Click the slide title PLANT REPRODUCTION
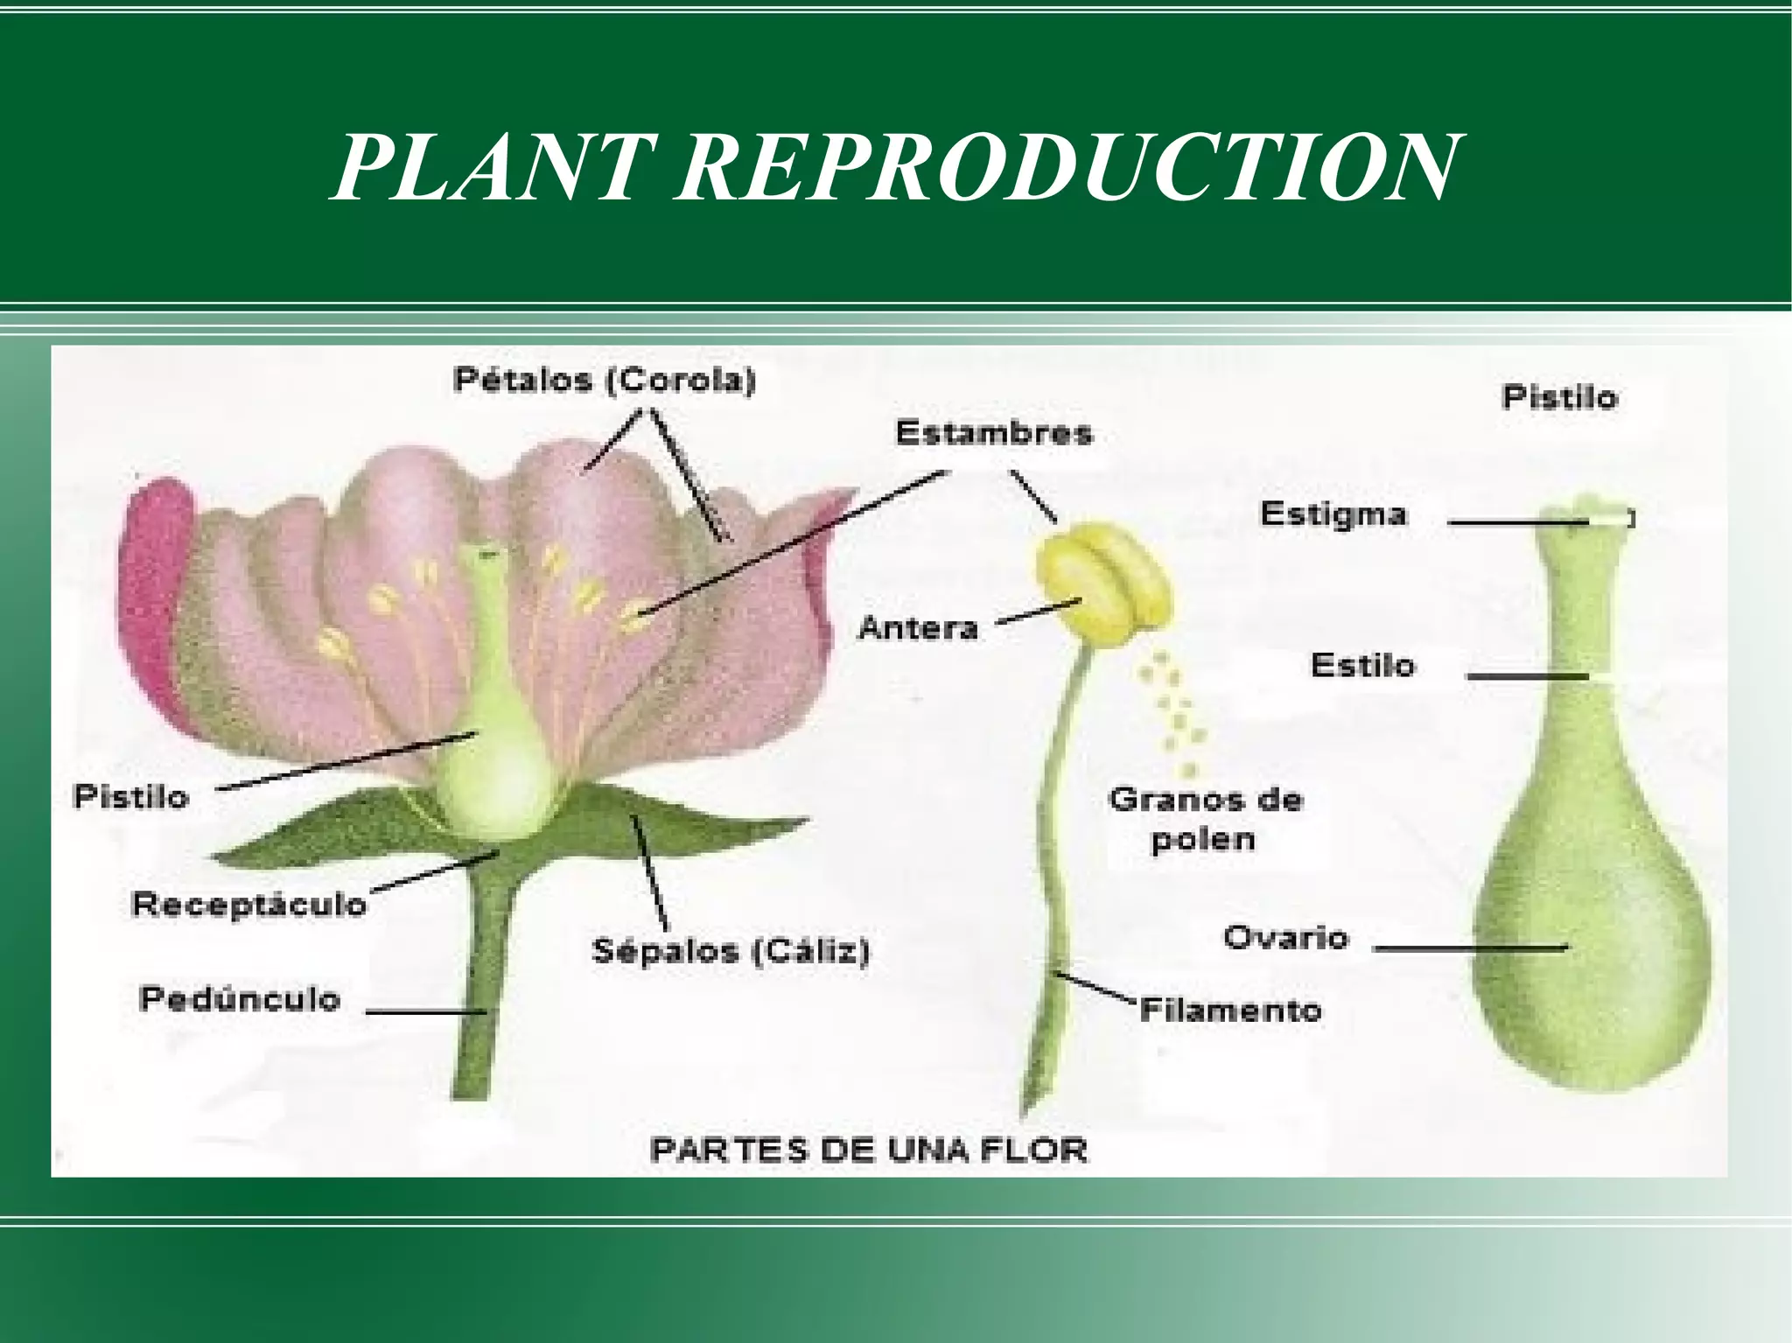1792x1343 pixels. (894, 168)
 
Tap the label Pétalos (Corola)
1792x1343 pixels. (605, 381)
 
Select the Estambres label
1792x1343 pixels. (994, 433)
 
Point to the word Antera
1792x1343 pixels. (918, 627)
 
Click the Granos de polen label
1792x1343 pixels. (1205, 819)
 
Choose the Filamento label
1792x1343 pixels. (1230, 1011)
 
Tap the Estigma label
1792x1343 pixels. (1333, 514)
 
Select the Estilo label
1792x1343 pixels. (1362, 666)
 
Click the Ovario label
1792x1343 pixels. (1285, 938)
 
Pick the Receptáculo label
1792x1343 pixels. (248, 904)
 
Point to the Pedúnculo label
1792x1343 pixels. (240, 999)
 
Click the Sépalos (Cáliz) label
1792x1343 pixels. (731, 950)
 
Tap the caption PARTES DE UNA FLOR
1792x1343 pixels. (868, 1149)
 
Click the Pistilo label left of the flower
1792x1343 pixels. (131, 797)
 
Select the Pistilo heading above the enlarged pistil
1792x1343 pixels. (1559, 398)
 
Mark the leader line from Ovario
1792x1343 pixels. (1470, 948)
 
